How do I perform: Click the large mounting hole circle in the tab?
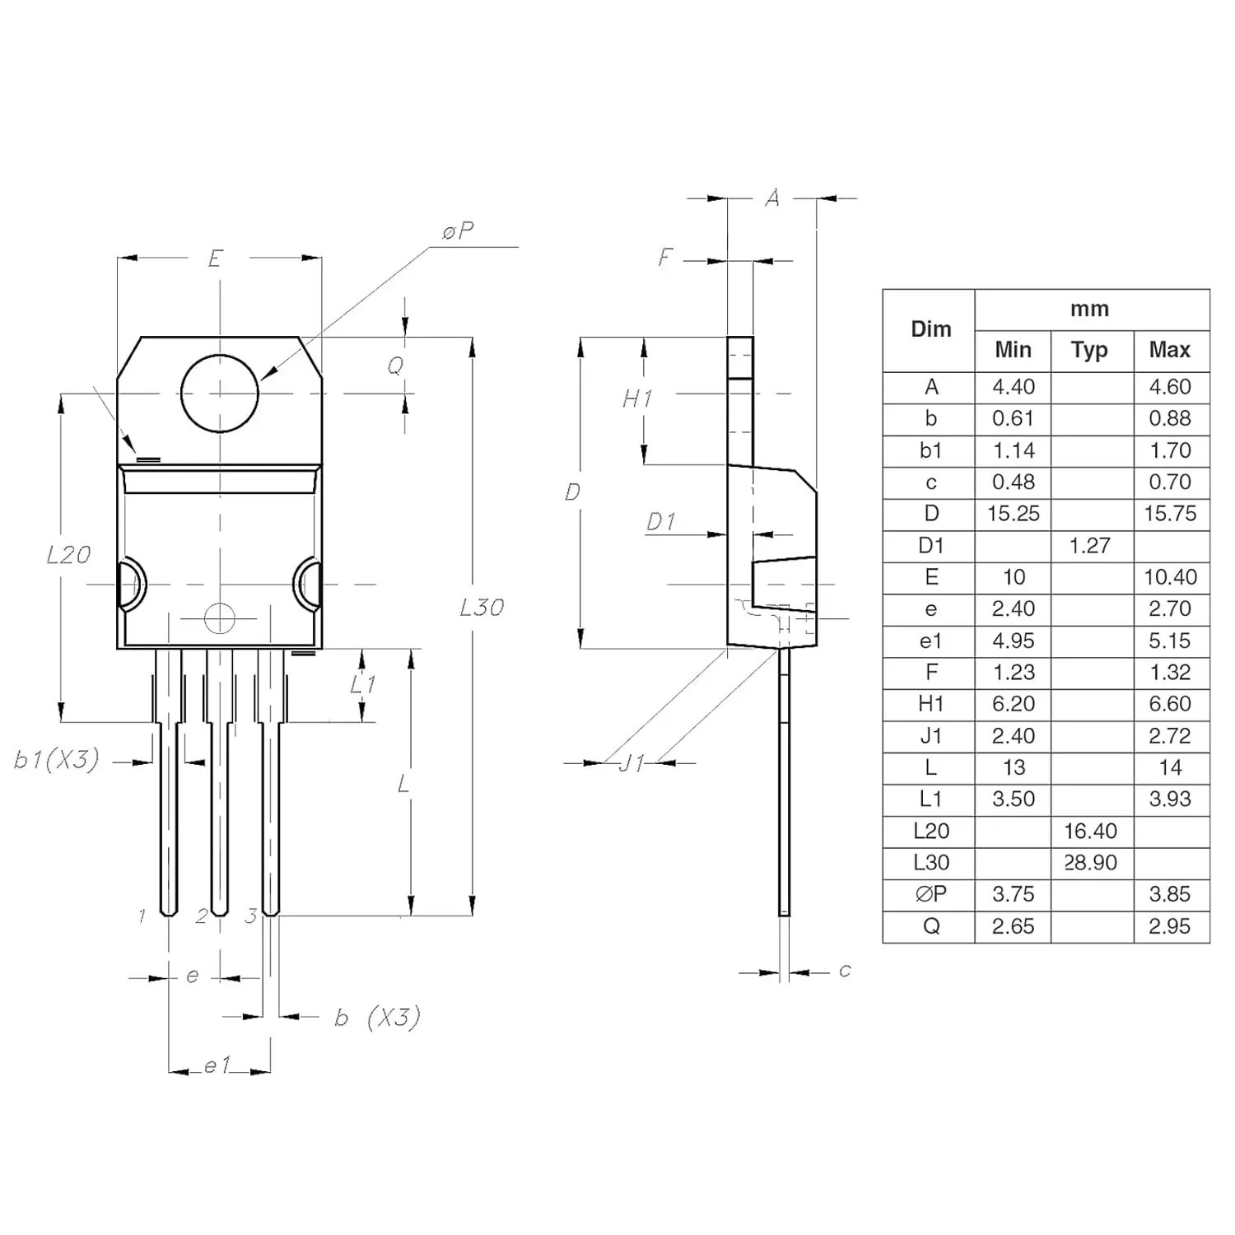click(x=219, y=393)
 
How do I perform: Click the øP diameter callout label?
click(x=458, y=231)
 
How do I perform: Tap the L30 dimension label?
click(x=482, y=608)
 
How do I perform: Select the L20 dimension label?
click(x=68, y=555)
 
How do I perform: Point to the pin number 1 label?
click(x=142, y=916)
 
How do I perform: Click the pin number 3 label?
click(x=250, y=916)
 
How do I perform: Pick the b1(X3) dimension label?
click(x=56, y=759)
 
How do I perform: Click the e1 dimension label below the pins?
click(x=216, y=1065)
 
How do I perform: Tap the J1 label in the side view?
click(x=631, y=763)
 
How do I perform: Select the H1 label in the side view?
click(x=637, y=399)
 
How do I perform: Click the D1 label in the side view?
click(x=660, y=522)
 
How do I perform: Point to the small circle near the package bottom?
click(x=219, y=617)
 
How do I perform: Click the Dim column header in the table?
click(x=930, y=329)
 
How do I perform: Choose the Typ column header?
click(x=1089, y=350)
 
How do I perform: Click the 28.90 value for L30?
click(x=1090, y=863)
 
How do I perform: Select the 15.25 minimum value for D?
click(x=1013, y=514)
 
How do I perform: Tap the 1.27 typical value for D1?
click(x=1089, y=546)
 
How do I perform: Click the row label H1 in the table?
click(x=930, y=704)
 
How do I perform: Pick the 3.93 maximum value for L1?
click(x=1169, y=799)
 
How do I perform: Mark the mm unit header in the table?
click(x=1089, y=310)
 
